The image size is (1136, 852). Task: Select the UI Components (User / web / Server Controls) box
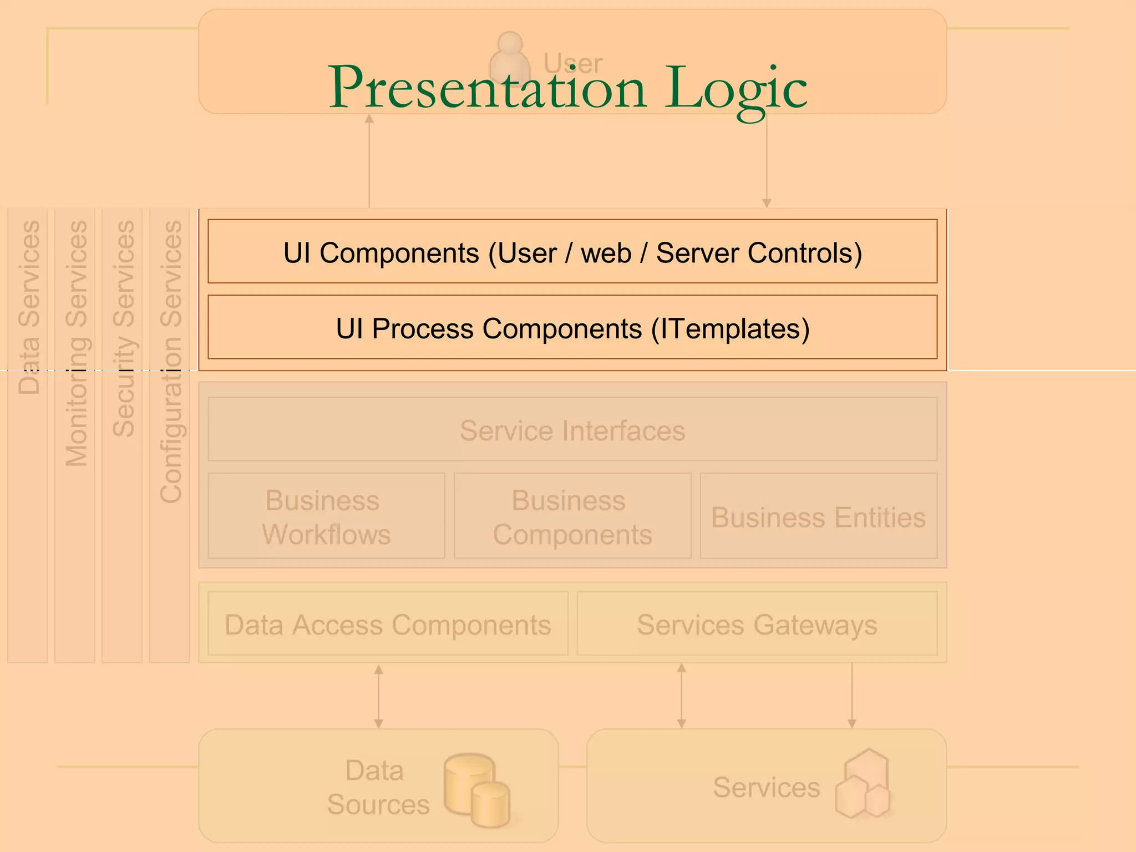572,251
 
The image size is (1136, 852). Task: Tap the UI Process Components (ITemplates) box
572,327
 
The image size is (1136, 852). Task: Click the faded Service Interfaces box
572,429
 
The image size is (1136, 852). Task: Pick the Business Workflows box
326,516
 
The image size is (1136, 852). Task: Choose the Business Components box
572,516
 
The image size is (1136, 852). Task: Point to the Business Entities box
818,516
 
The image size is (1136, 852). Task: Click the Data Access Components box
388,623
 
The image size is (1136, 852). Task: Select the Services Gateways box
757,623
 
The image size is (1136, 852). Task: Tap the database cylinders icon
476,789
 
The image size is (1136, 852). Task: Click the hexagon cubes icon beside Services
863,784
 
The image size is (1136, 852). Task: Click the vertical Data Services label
29,308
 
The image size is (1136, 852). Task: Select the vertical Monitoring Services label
76,344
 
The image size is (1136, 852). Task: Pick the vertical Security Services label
123,328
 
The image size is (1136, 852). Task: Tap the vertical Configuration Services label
170,362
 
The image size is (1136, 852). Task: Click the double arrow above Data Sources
378,697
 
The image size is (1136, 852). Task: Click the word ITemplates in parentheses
731,328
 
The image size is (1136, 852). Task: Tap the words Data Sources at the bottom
378,787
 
